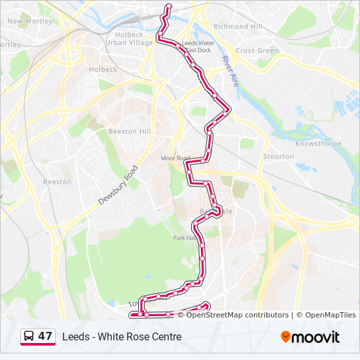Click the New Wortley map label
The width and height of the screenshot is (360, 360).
point(29,21)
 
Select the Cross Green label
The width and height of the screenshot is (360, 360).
point(257,50)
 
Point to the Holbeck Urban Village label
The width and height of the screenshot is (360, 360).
point(129,39)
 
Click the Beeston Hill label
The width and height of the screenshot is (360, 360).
point(130,131)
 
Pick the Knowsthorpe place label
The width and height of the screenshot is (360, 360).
point(316,143)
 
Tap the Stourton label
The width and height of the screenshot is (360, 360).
point(278,156)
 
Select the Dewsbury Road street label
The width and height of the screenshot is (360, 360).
point(119,186)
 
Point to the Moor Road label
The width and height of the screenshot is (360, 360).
point(175,158)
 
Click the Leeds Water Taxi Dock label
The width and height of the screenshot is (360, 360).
point(198,46)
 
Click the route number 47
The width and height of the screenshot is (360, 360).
point(45,336)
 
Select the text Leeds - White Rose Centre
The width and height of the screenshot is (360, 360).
point(122,337)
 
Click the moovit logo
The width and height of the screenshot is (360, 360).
point(310,337)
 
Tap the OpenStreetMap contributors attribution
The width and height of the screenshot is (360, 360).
point(237,315)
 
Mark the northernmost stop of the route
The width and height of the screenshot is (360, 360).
point(169,7)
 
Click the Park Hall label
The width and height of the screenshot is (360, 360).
point(184,238)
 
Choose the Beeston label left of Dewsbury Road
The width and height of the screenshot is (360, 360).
point(57,182)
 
